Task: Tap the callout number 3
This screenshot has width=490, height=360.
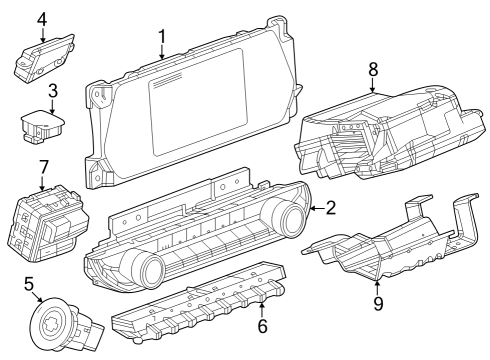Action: pos(52,90)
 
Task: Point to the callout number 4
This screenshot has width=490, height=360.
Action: pos(42,19)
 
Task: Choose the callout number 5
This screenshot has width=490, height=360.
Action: pos(28,283)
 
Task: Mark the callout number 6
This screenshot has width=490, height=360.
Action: pos(263,327)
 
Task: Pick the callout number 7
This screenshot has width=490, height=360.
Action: pos(43,165)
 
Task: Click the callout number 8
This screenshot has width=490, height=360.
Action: pos(373,70)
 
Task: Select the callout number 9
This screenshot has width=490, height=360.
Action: pos(378,302)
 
